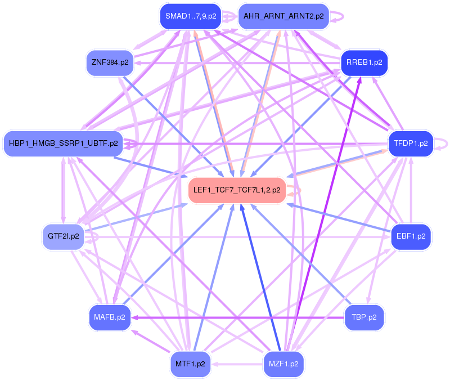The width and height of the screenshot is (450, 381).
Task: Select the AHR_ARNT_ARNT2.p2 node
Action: [x=283, y=16]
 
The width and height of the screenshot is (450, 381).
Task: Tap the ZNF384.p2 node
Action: [x=110, y=62]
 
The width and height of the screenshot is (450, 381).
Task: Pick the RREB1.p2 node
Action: [x=364, y=62]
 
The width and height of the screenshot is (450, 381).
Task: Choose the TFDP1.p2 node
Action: [x=411, y=143]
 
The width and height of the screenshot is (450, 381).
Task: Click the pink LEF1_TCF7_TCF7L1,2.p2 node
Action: [x=237, y=190]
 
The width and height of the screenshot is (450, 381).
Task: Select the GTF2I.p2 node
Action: [x=64, y=236]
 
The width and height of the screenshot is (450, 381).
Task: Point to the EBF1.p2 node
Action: [x=411, y=236]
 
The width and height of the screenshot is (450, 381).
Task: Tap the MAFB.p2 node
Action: [x=110, y=317]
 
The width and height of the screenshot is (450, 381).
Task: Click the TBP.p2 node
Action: [x=364, y=317]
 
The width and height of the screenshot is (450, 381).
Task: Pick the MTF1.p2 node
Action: [x=191, y=364]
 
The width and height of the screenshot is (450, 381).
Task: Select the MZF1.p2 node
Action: [x=283, y=364]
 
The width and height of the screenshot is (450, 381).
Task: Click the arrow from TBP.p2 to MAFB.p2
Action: [x=236, y=317]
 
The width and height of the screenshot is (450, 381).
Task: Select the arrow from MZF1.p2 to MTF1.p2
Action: [x=237, y=364]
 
